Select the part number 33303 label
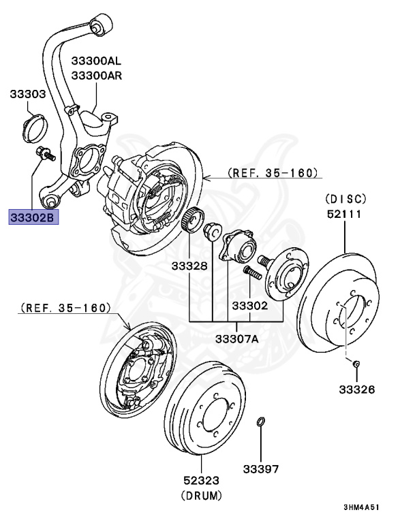pos(27,94)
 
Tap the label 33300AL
pos(97,61)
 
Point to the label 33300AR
pos(97,76)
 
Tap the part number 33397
pos(262,469)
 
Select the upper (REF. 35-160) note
pos(273,174)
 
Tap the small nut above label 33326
pos(356,365)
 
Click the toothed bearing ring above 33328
pos(194,220)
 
